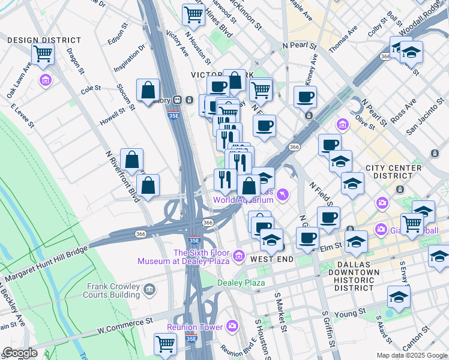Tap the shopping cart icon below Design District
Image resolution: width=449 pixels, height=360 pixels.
43,54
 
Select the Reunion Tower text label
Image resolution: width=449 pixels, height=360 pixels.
194,327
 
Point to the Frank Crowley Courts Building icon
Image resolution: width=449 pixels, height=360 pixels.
149,290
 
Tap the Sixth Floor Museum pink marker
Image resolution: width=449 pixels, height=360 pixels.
239,257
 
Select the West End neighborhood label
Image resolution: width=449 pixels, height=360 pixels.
272,259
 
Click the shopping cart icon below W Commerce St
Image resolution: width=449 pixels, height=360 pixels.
166,344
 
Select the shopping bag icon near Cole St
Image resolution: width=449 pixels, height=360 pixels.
148,91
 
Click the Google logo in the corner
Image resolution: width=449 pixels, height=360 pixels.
20,353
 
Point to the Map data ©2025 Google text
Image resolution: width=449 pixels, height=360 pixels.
411,355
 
